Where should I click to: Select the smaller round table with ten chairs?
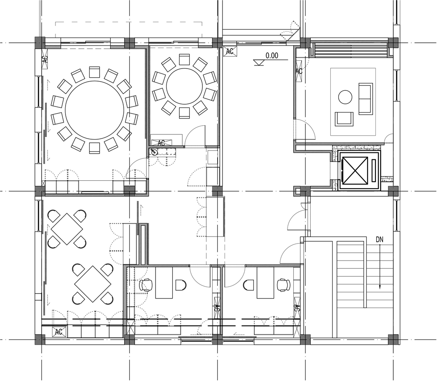(184, 86)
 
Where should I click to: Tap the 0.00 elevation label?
(272, 55)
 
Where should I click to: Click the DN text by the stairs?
(380, 239)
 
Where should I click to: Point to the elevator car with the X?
(354, 170)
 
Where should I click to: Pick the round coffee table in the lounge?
(345, 97)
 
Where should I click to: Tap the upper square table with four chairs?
(67, 229)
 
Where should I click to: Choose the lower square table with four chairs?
(93, 284)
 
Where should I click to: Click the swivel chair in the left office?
(146, 285)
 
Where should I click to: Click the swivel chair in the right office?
(284, 285)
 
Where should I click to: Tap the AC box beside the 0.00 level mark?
(230, 51)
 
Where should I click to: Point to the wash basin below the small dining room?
(153, 152)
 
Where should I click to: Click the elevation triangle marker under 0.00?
(259, 62)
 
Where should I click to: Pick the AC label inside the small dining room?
(161, 143)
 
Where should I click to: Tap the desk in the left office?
(165, 283)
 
